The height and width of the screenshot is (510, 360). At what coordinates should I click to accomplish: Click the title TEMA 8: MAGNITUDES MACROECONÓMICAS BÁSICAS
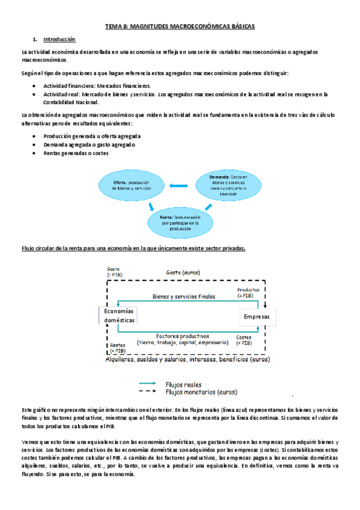coord(180,26)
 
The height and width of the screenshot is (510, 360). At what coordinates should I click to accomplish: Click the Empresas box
coord(257,316)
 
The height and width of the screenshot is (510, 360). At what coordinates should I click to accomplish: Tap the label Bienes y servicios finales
coord(183,296)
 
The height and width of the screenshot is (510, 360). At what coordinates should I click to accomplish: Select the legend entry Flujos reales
coord(184,384)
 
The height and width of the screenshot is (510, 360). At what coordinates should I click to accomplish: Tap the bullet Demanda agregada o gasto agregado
coord(88,144)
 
